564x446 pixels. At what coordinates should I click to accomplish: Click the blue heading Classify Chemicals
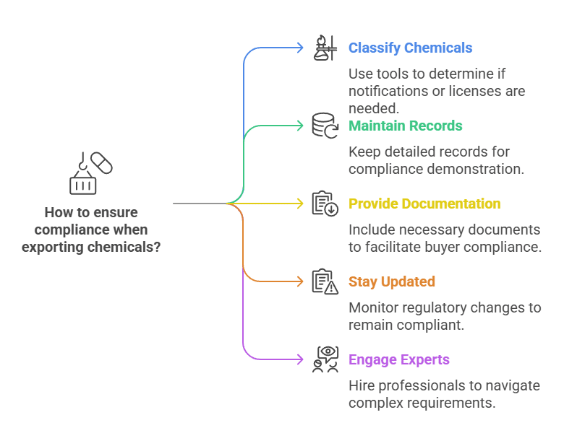[x=410, y=48]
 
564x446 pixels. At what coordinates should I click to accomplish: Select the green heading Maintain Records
[x=406, y=126]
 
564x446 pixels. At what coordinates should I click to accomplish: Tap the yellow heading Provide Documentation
[x=424, y=204]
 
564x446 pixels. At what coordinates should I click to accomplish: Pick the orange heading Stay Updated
[x=392, y=281]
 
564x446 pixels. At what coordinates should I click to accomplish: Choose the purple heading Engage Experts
[x=399, y=359]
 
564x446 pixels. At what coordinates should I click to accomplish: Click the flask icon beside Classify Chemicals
[x=325, y=48]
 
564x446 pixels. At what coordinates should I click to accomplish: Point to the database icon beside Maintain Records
[x=325, y=126]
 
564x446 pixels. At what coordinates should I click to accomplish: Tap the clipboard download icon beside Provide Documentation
[x=325, y=204]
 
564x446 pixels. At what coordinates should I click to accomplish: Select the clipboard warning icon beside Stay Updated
[x=325, y=281]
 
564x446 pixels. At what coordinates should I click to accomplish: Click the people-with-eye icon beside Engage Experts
[x=325, y=359]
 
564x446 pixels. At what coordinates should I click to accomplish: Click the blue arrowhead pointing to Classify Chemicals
[x=300, y=48]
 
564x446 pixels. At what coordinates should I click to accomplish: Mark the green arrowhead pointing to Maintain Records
[x=300, y=126]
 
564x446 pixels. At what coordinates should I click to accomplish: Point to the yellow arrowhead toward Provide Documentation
[x=300, y=204]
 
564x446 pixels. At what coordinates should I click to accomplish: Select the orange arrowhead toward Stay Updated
[x=300, y=281]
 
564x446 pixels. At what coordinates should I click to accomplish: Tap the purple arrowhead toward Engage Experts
[x=300, y=359]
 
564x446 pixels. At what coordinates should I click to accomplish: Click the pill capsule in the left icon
[x=101, y=163]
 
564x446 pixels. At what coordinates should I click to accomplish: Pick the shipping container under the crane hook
[x=82, y=185]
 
